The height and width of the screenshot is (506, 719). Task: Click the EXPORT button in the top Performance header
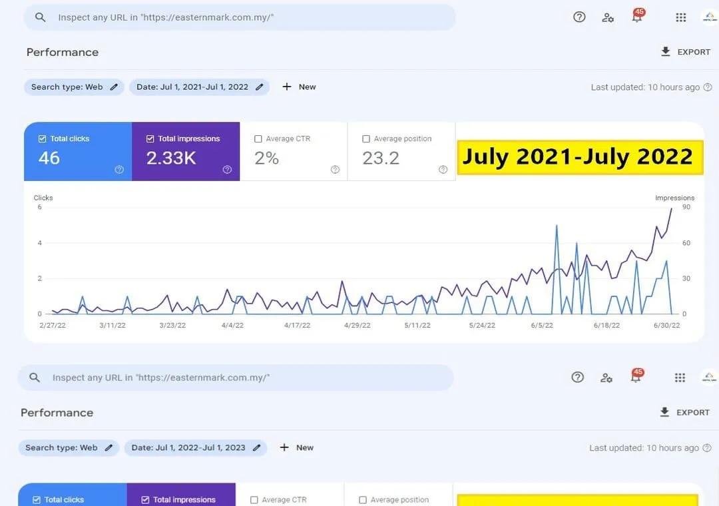pos(686,52)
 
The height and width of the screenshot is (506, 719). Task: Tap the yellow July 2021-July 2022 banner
pos(580,157)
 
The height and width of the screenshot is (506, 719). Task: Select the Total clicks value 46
pos(49,158)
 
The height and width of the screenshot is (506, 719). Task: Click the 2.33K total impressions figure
pos(171,158)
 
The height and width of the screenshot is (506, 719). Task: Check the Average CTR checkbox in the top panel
pos(258,138)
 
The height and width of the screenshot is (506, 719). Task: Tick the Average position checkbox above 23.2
pos(366,138)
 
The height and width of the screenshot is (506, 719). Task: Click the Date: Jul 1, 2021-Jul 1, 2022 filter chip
pos(200,87)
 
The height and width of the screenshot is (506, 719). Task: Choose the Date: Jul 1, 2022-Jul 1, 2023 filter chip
pos(195,447)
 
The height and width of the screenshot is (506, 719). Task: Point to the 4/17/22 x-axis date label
pos(297,326)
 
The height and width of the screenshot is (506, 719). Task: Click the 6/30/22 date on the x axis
pos(666,326)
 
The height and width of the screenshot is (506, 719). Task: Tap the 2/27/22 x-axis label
pos(53,326)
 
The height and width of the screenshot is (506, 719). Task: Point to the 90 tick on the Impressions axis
pos(686,207)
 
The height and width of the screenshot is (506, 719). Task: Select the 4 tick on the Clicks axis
pos(40,242)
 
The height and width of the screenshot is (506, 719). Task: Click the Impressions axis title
pos(674,198)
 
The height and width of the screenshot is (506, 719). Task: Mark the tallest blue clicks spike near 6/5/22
pos(557,226)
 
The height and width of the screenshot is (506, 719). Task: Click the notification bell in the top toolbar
pos(637,17)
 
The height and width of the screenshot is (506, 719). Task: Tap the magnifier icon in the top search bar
pos(41,17)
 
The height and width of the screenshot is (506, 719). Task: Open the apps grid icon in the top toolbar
pos(681,17)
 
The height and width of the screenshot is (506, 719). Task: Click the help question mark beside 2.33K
pos(227,170)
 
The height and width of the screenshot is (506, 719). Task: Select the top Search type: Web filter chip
pos(74,87)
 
